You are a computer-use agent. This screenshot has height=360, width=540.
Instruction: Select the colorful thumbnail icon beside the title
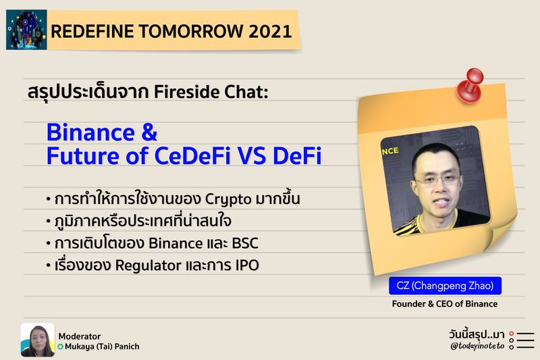[26, 30]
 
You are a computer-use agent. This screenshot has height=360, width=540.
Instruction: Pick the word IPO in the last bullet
[244, 265]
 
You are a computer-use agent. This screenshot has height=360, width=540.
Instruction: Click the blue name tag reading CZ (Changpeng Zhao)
[445, 286]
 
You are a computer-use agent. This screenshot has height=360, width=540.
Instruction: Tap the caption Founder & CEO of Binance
[445, 304]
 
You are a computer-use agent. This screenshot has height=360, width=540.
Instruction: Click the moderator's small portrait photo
[37, 340]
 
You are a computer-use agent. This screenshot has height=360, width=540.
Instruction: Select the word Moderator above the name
[80, 336]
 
